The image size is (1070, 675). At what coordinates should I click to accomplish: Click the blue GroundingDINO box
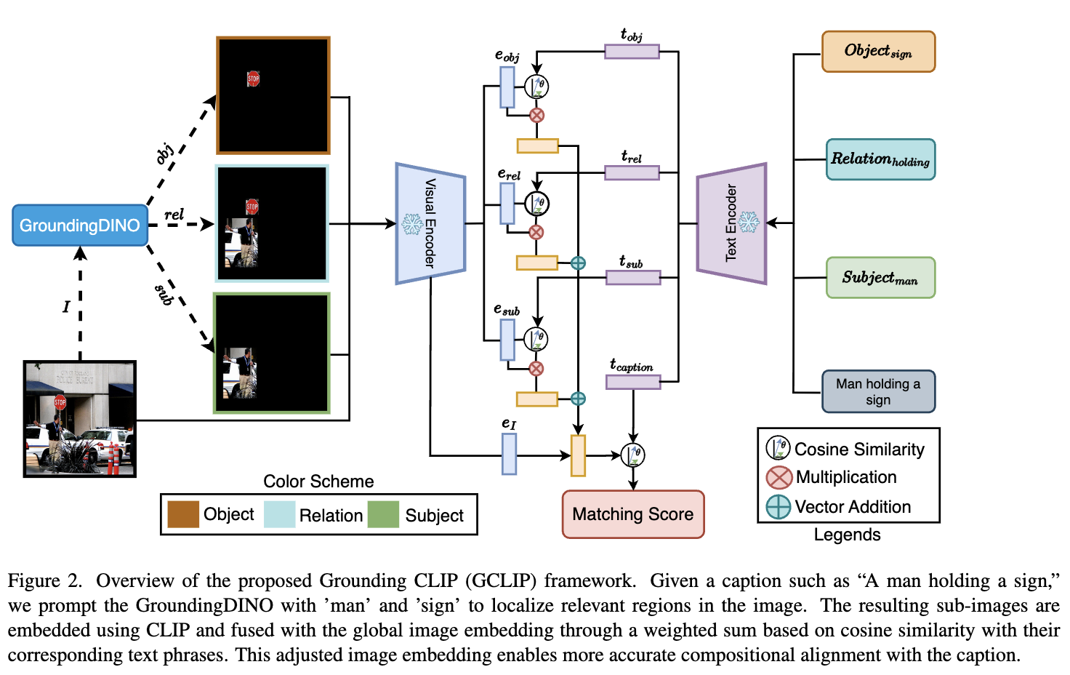[80, 225]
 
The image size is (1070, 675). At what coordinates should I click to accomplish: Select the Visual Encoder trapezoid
[430, 223]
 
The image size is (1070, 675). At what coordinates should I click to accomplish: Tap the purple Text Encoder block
[731, 223]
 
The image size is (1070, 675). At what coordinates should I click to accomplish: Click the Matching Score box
[632, 514]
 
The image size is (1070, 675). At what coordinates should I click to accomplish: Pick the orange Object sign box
[878, 52]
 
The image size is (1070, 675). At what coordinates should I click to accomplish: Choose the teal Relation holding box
[880, 159]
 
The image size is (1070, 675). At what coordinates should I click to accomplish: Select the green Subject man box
[880, 278]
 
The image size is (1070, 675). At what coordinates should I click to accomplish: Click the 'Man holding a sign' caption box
[878, 392]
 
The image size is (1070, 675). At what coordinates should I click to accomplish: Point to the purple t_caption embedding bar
[633, 382]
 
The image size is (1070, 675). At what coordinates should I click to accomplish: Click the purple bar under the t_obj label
[632, 52]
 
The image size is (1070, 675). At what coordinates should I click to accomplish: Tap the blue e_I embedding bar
[510, 454]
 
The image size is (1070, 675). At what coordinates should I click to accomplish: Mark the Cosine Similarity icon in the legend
[778, 448]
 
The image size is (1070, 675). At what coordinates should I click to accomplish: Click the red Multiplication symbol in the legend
[779, 478]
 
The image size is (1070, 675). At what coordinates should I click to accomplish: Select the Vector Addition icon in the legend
[779, 507]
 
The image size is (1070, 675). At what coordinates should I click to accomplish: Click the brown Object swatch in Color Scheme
[183, 514]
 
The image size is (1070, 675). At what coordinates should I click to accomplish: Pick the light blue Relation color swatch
[279, 514]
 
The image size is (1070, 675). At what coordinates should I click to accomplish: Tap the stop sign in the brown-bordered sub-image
[253, 79]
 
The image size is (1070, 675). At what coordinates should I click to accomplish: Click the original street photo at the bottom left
[80, 419]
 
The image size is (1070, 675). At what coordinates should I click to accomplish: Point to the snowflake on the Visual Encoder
[413, 224]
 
